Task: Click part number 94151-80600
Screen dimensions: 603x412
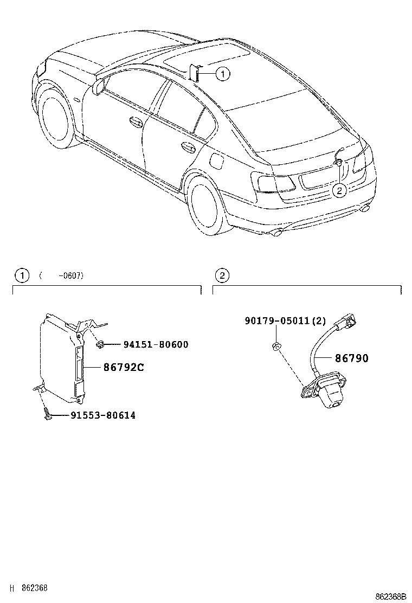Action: [x=156, y=344]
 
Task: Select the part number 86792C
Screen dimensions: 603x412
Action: [x=124, y=367]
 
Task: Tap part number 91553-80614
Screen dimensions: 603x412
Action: [x=102, y=416]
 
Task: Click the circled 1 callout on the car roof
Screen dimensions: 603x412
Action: [x=223, y=74]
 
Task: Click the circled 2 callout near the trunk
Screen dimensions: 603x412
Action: [x=339, y=190]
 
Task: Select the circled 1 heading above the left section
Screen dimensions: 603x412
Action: [x=21, y=275]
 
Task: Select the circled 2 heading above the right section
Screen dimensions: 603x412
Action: [x=221, y=275]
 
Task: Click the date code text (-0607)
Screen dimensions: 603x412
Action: [x=61, y=276]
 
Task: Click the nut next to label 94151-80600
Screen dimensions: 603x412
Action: [x=100, y=344]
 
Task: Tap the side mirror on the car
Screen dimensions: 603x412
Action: [x=99, y=88]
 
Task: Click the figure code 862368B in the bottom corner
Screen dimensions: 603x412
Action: [x=391, y=596]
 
